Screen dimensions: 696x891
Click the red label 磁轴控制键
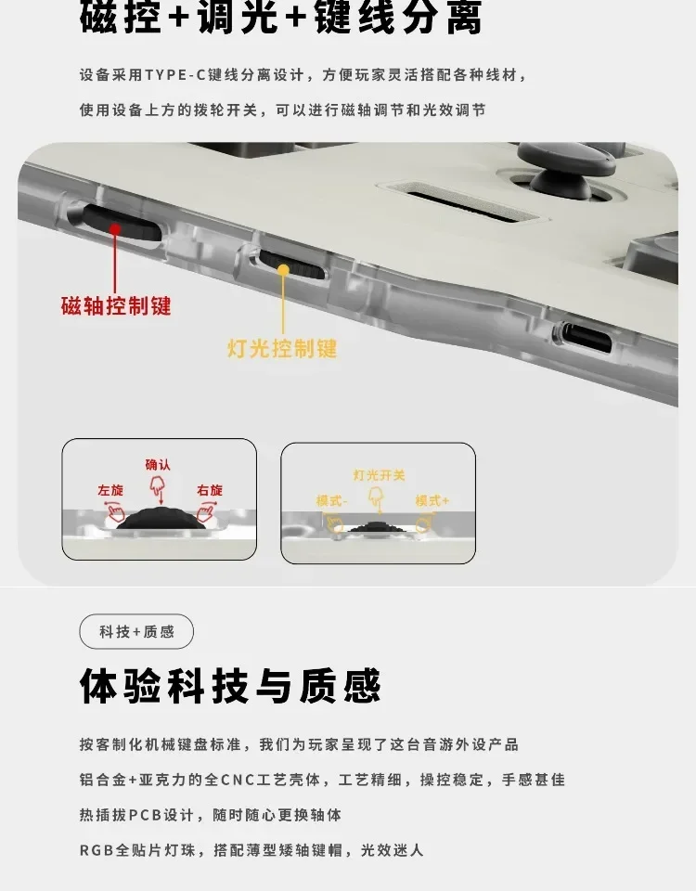pyautogui.click(x=116, y=305)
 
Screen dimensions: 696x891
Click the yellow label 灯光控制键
pyautogui.click(x=282, y=348)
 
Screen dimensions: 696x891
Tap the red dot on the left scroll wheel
pyautogui.click(x=115, y=229)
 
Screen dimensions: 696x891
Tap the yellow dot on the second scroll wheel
pyautogui.click(x=283, y=270)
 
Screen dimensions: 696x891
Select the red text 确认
pyautogui.click(x=158, y=465)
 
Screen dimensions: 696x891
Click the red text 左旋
pyautogui.click(x=110, y=490)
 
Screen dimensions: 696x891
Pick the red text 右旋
pyautogui.click(x=210, y=490)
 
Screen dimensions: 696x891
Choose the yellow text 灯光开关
pyautogui.click(x=379, y=475)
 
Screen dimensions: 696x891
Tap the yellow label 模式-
pyautogui.click(x=332, y=500)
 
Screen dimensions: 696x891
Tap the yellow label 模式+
pyautogui.click(x=432, y=500)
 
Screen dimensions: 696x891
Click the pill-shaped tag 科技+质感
pyautogui.click(x=136, y=631)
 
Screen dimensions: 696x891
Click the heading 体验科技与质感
pyautogui.click(x=230, y=686)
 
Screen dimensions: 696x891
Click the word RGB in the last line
pyautogui.click(x=97, y=850)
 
